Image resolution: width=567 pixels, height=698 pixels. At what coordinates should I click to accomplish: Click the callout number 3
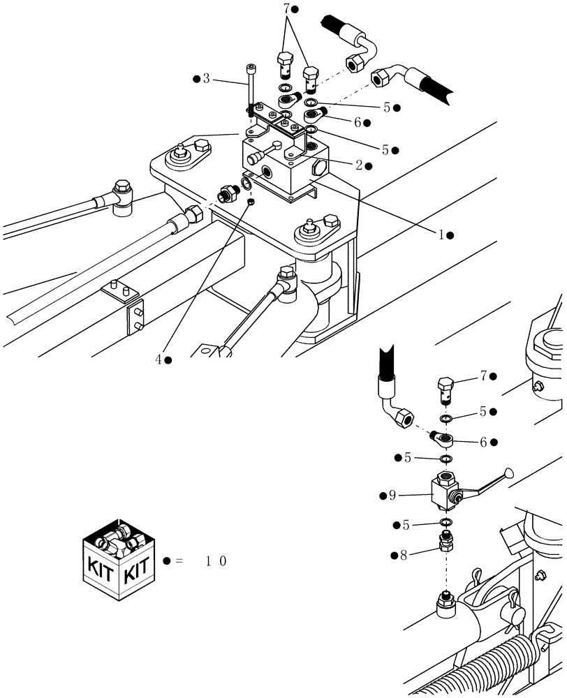(206, 79)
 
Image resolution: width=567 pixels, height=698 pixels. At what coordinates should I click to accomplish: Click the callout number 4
(159, 359)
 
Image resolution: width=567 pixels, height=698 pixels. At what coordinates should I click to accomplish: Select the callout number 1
(441, 235)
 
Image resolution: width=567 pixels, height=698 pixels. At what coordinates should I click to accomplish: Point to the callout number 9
(392, 495)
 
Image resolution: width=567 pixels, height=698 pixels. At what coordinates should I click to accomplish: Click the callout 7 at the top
(285, 9)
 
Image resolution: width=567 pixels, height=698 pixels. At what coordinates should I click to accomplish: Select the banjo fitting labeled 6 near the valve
(443, 440)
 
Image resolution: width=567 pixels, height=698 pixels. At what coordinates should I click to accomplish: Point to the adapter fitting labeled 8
(444, 540)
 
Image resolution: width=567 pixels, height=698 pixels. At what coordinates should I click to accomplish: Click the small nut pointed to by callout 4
(250, 202)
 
